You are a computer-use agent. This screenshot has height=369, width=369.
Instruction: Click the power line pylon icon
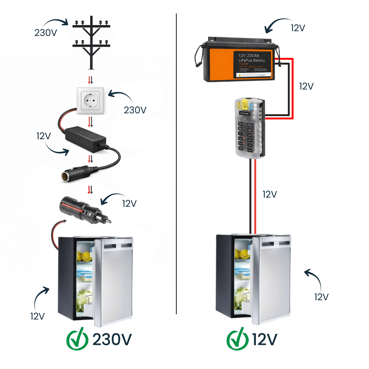coord(91,42)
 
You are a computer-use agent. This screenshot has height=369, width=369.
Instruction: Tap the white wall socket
coord(90,101)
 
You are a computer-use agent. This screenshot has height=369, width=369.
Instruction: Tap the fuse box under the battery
coord(249,128)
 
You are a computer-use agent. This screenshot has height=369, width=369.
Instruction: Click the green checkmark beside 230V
coord(77,339)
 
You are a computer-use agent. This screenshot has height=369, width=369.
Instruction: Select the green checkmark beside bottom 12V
coord(237,339)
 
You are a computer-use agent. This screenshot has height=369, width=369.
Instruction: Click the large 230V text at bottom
coord(112,340)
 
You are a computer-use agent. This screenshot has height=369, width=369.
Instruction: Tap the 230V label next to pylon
coord(46,32)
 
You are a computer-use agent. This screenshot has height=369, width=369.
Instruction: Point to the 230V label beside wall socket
coord(135,110)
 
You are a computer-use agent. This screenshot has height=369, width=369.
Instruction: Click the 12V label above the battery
coord(298,28)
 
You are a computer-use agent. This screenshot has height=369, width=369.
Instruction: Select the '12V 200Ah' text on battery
coord(249,55)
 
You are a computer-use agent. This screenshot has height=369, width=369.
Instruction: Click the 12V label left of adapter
coord(43,136)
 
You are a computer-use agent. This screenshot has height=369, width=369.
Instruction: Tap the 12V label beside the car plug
coord(129,204)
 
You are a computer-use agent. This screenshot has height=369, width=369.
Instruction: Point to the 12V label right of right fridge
coord(321,297)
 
